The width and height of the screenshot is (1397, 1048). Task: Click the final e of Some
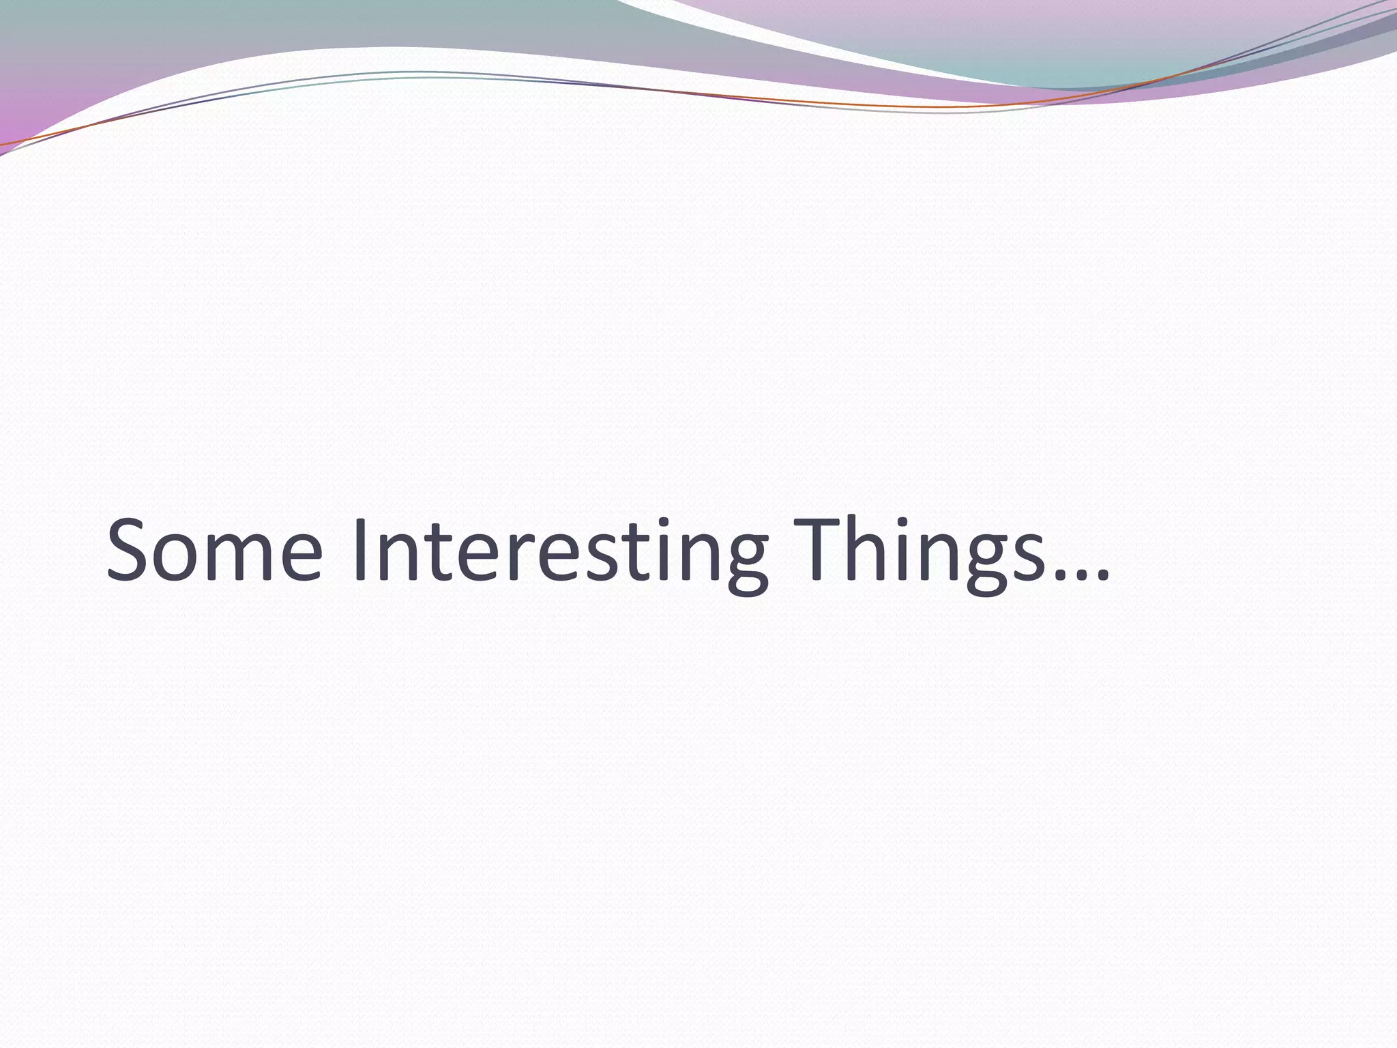click(x=298, y=561)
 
